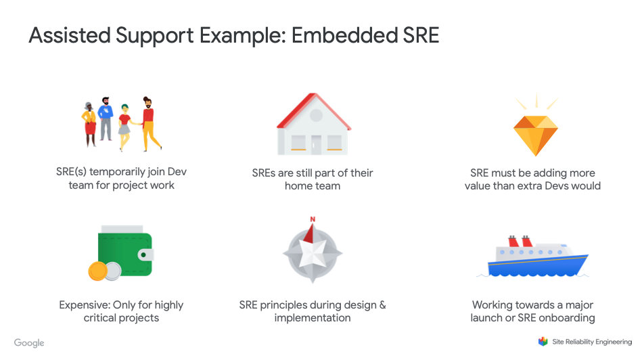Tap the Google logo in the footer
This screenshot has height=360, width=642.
click(29, 343)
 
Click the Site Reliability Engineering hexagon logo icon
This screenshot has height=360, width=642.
click(543, 342)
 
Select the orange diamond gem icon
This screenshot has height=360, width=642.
click(536, 134)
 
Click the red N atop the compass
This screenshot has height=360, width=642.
click(313, 219)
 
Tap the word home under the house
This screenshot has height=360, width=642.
click(299, 185)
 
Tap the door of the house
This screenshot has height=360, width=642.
click(316, 143)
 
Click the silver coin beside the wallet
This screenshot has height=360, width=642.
click(112, 271)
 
